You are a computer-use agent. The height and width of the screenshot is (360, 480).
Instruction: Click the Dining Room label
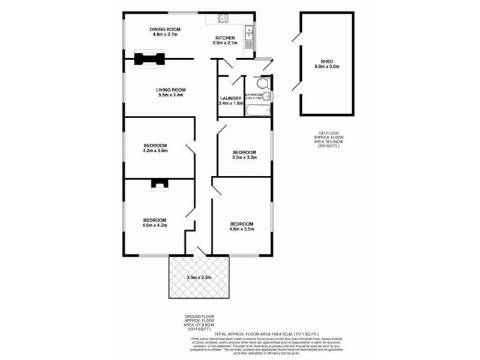(x=165, y=29)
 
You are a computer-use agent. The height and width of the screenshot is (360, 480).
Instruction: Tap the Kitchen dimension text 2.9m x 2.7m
(x=226, y=43)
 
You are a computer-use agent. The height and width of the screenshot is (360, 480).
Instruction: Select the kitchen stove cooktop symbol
(x=221, y=19)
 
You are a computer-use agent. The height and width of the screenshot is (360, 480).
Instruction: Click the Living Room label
(x=159, y=89)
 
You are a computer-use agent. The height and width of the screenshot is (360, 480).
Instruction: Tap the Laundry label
(x=230, y=98)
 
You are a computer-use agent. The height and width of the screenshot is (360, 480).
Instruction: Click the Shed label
(x=327, y=61)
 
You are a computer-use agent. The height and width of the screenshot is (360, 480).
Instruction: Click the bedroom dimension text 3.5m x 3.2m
(x=244, y=158)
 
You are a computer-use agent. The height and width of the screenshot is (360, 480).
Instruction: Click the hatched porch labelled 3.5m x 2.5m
(x=199, y=277)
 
